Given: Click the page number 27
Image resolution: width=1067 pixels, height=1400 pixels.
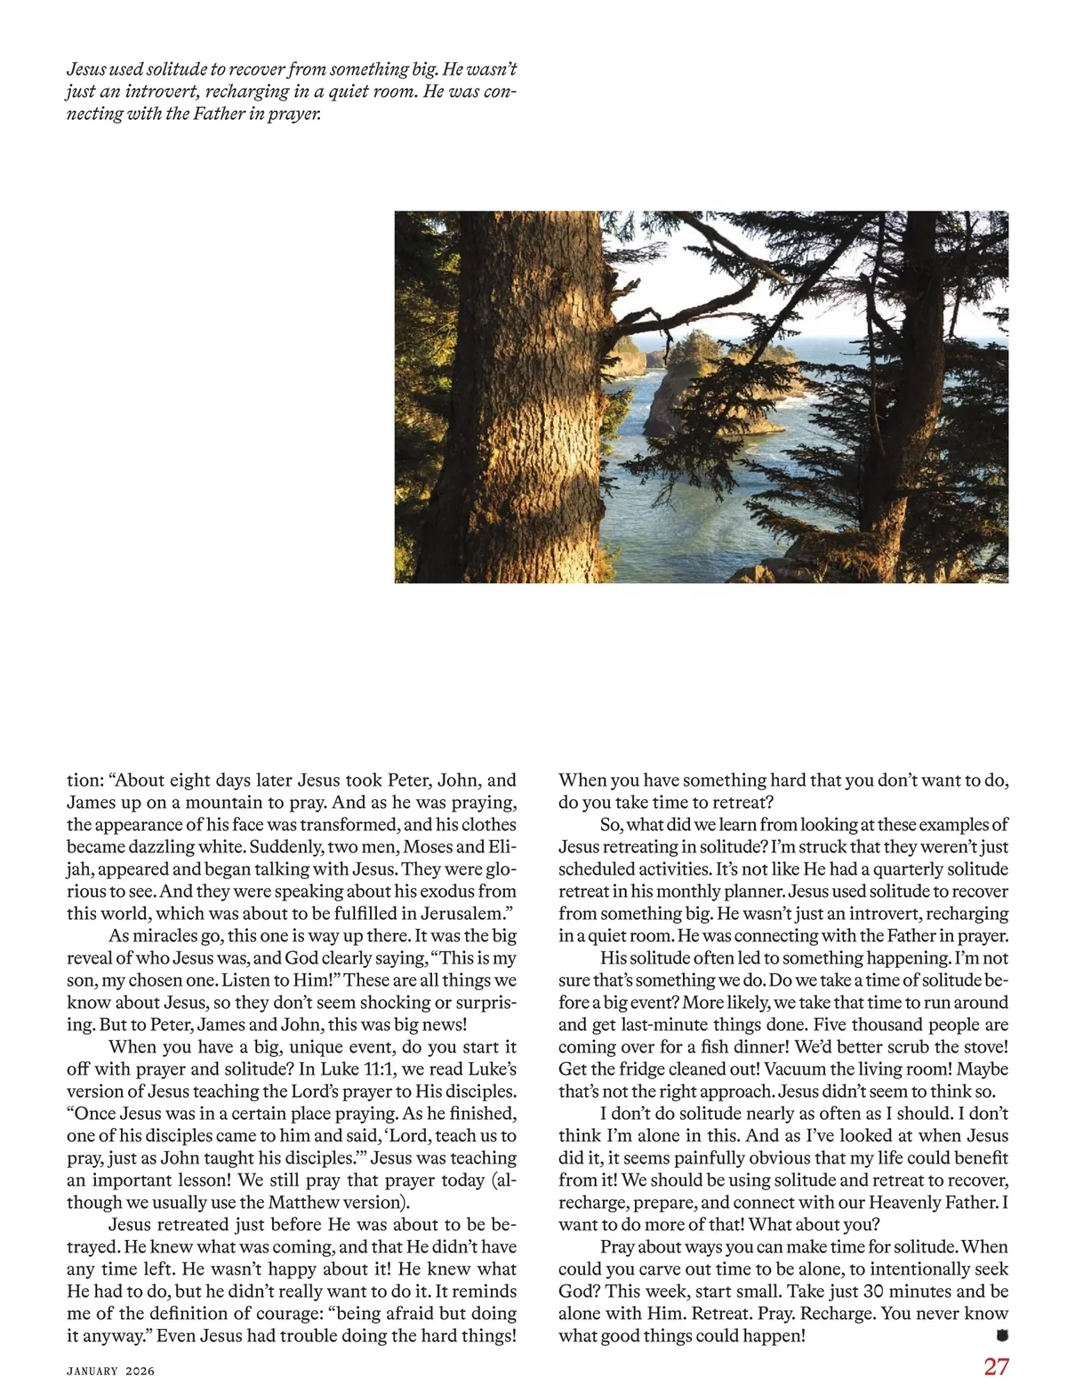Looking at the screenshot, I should (996, 1366).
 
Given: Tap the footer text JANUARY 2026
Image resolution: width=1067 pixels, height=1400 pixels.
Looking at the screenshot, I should (110, 1371).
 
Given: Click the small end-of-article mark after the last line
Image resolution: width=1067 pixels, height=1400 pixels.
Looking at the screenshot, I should (1003, 1334).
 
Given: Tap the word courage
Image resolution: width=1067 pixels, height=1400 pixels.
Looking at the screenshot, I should (287, 1313).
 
